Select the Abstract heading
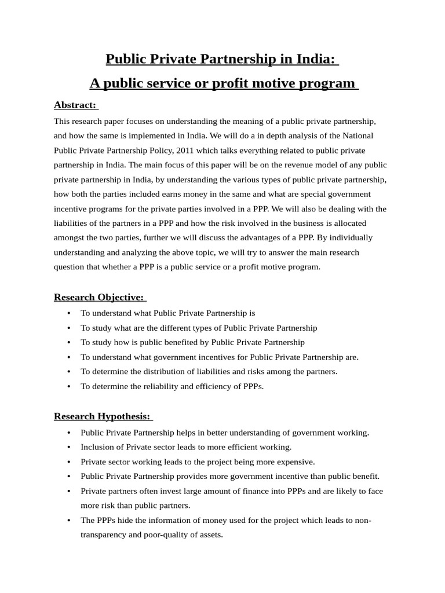75,105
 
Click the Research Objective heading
99,297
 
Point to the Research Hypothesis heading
102,416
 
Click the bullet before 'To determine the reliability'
70,387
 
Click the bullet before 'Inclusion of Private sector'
70,448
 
